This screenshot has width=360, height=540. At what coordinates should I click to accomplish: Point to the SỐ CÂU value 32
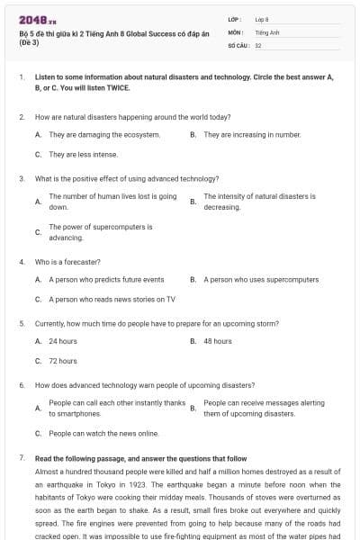coord(258,44)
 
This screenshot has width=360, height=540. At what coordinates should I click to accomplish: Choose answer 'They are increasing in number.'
coord(252,134)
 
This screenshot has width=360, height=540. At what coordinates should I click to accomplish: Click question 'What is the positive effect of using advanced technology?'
coord(127,179)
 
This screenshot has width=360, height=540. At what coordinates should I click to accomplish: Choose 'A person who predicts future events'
coord(106,280)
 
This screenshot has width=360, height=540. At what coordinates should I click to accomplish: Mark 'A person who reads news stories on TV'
coord(112,299)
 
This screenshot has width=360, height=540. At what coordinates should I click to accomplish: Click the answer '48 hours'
coord(218,341)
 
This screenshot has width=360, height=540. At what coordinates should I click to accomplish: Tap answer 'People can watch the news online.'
coord(103,433)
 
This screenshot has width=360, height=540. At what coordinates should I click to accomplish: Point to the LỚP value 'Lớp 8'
coord(262,19)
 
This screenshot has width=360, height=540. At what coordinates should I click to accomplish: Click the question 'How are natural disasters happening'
coord(132,117)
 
